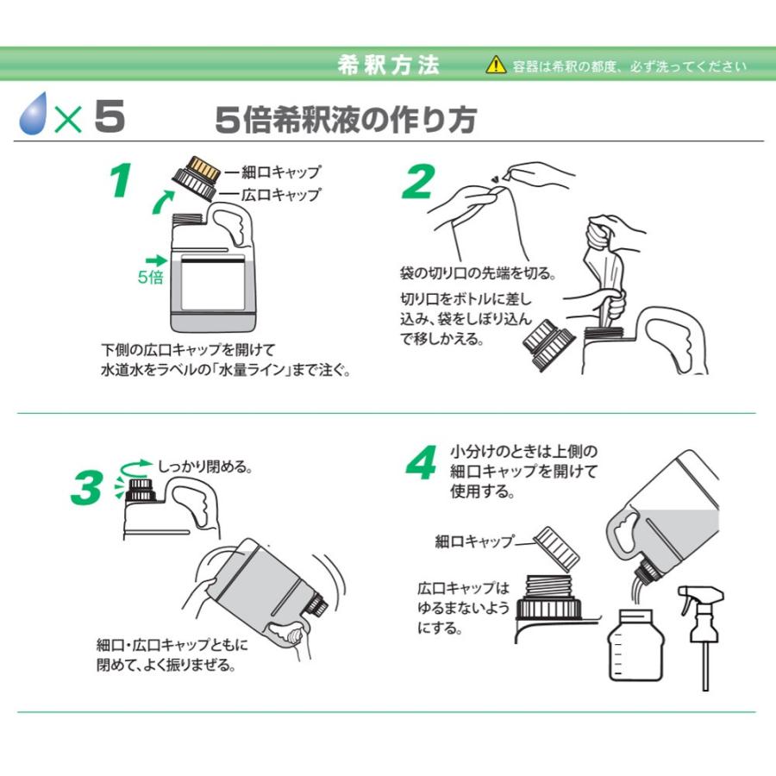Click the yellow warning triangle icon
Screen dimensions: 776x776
click(x=496, y=65)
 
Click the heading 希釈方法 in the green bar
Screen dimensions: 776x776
click(x=389, y=65)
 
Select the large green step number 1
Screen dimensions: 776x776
click(x=120, y=181)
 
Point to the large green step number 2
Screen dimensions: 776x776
click(x=418, y=182)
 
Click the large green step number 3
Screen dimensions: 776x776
click(x=87, y=487)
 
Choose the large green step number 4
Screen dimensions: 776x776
click(x=422, y=462)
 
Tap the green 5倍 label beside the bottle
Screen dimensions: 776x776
click(x=150, y=277)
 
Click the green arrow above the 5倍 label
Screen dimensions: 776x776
click(x=156, y=260)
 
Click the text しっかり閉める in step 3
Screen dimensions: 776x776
click(x=205, y=466)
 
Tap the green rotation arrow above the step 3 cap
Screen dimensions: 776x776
click(x=136, y=467)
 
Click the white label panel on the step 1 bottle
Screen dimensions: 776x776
click(x=213, y=282)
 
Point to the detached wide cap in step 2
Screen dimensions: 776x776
click(x=548, y=344)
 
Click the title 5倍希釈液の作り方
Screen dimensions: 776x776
click(x=346, y=119)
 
